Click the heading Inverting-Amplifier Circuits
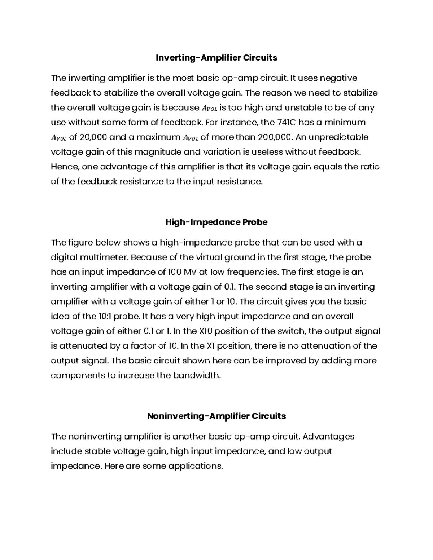pyautogui.click(x=216, y=58)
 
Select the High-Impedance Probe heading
pyautogui.click(x=216, y=222)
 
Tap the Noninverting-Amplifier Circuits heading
pyautogui.click(x=216, y=416)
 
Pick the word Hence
pyautogui.click(x=64, y=167)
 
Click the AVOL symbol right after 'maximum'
pyautogui.click(x=190, y=138)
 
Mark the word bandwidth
pyautogui.click(x=201, y=376)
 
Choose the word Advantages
pyautogui.click(x=328, y=437)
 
